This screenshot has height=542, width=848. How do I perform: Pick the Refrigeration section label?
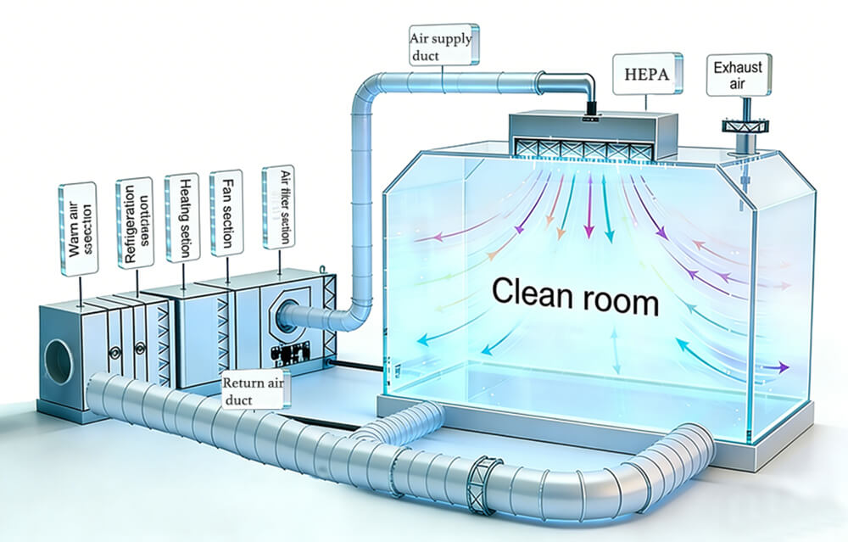(x=133, y=222)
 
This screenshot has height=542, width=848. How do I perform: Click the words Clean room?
(x=574, y=299)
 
